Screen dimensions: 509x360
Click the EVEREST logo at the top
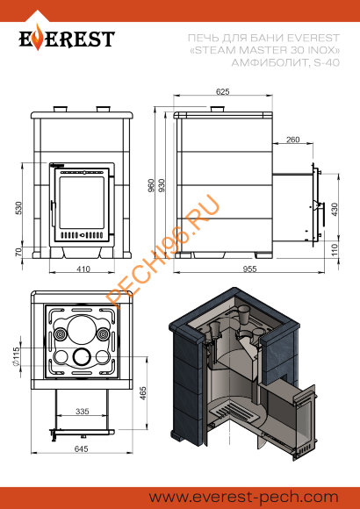[x=68, y=39]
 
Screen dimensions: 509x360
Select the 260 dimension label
[x=292, y=140]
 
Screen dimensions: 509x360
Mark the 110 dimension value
[x=335, y=250]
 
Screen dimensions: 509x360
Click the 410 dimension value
[x=83, y=269]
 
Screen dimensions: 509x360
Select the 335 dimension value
[x=83, y=411]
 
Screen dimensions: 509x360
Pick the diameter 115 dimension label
[x=17, y=356]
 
